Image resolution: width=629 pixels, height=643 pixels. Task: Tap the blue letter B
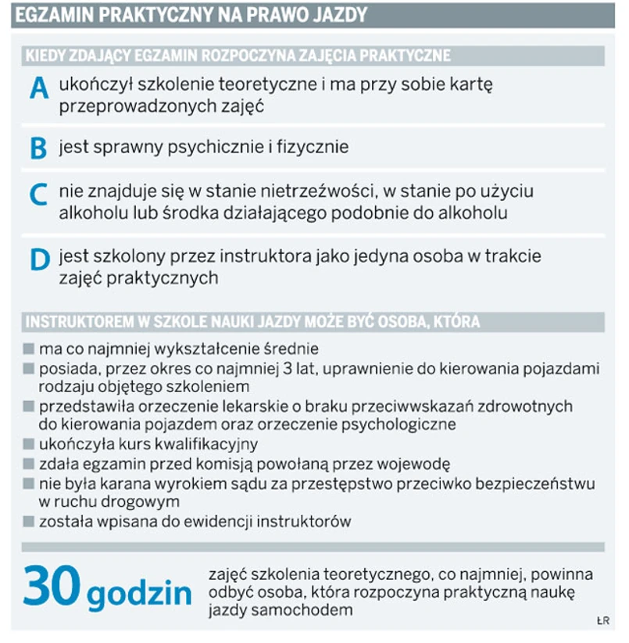pos(38,148)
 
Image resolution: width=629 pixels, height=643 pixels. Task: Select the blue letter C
pos(38,196)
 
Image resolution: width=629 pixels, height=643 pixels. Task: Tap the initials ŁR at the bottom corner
pos(602,622)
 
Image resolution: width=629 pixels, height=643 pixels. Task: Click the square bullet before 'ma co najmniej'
pos(29,348)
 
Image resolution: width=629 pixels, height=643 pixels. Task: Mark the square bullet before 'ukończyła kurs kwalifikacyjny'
pos(29,445)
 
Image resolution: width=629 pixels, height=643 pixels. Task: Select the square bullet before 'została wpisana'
pos(29,521)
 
